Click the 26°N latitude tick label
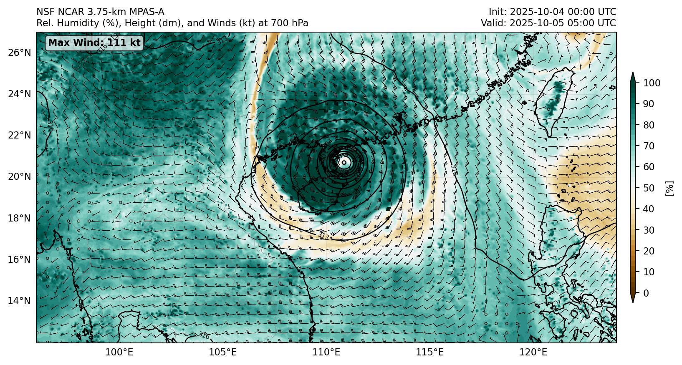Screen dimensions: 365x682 (x=19, y=53)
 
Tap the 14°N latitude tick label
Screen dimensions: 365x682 (x=19, y=301)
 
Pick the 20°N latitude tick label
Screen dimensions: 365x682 (x=19, y=177)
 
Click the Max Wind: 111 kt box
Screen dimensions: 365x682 (x=94, y=43)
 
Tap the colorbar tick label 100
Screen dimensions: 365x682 (x=652, y=83)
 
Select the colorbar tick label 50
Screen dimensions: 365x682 (x=649, y=188)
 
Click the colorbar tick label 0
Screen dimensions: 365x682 (x=646, y=293)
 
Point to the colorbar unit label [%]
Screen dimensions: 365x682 (x=669, y=188)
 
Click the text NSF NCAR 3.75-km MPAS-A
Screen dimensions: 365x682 (x=100, y=12)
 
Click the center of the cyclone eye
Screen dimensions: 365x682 (x=344, y=162)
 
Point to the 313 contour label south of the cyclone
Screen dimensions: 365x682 (x=324, y=237)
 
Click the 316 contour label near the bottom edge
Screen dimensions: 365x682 (x=204, y=335)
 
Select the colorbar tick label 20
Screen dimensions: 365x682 (x=649, y=251)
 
